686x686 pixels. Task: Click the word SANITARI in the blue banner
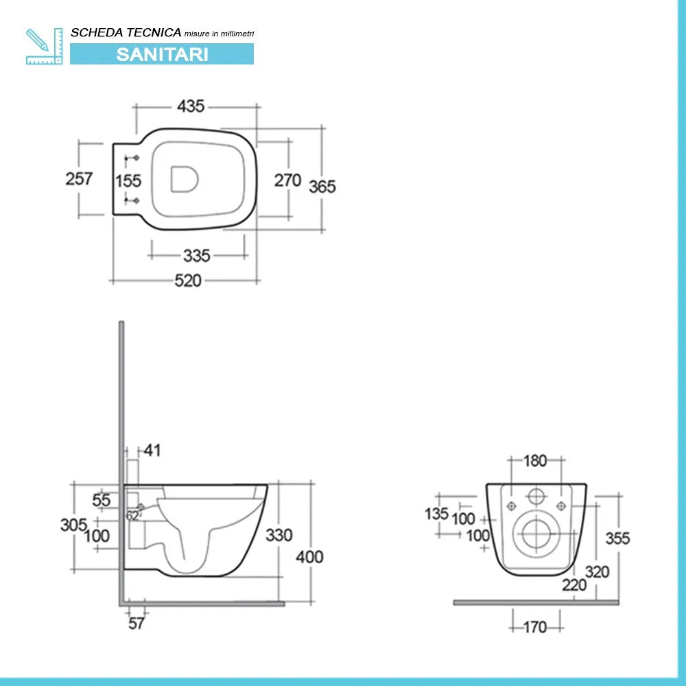click(162, 54)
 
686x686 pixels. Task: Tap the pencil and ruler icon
click(44, 47)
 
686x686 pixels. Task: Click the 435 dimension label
click(191, 106)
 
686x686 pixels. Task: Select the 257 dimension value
click(79, 178)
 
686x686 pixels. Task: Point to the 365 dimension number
click(322, 187)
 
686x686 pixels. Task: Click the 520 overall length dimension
click(188, 281)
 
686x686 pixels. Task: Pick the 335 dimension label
click(197, 255)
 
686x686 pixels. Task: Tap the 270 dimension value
click(288, 180)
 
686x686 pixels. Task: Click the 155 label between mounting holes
click(128, 180)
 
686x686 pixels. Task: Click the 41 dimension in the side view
click(152, 450)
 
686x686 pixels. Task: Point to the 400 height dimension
click(310, 557)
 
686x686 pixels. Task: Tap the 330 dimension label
click(279, 534)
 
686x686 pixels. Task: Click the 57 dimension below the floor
click(137, 623)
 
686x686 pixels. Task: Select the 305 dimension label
click(74, 525)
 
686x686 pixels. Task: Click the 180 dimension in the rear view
click(535, 461)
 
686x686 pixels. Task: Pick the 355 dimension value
click(618, 538)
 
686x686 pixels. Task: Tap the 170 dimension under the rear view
click(535, 628)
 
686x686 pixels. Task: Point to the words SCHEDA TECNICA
click(126, 32)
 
